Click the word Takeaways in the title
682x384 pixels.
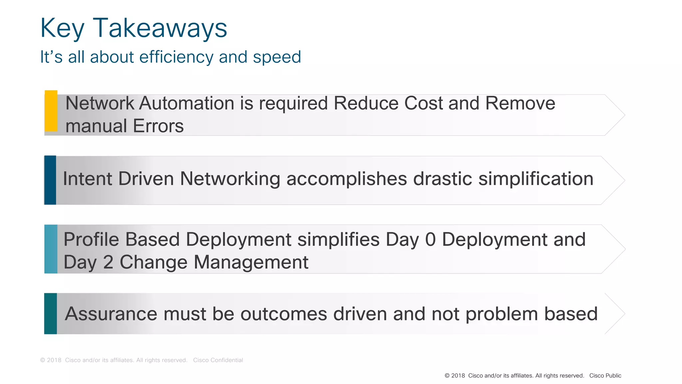(160, 28)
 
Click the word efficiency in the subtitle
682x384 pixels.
(176, 57)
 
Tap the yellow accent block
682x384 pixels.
(51, 111)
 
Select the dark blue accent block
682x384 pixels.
(50, 180)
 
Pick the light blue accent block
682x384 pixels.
(51, 249)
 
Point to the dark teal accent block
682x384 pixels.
(51, 314)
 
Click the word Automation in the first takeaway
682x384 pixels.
(186, 103)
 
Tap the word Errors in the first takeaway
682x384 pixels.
(158, 126)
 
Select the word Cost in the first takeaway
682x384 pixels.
(423, 103)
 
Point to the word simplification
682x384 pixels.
(536, 179)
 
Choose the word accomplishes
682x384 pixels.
(347, 179)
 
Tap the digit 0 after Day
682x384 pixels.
(431, 239)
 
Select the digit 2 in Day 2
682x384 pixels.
(108, 262)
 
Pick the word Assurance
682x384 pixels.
(111, 314)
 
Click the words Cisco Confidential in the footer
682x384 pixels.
(218, 360)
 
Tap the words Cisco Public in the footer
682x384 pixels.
(605, 376)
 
